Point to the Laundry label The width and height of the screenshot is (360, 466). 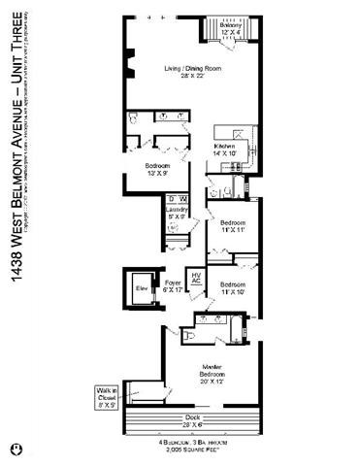(177, 213)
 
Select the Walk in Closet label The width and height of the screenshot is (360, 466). (107, 396)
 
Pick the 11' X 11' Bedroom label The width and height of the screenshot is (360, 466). (233, 227)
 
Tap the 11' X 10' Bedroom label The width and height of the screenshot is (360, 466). (233, 286)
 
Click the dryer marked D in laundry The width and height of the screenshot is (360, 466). (172, 200)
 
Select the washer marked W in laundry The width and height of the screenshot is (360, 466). (183, 200)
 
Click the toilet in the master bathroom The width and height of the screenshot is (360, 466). (190, 335)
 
